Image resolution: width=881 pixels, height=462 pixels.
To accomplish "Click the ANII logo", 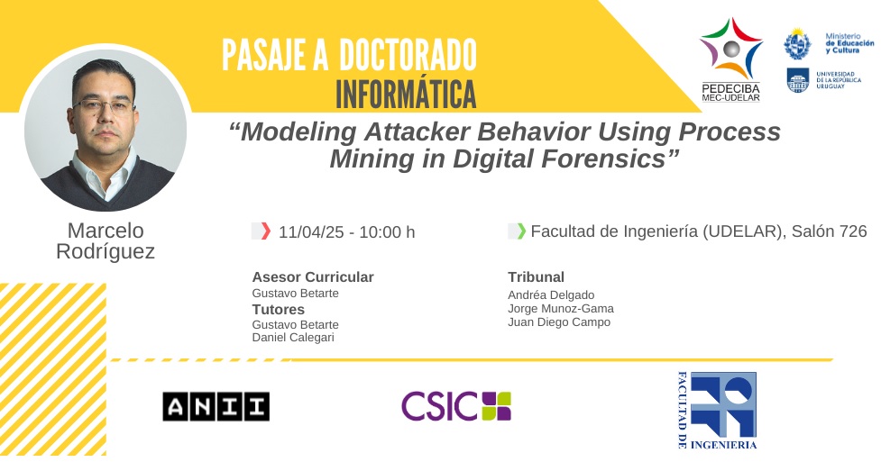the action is [216, 406].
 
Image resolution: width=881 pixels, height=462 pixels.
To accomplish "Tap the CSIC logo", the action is [456, 406].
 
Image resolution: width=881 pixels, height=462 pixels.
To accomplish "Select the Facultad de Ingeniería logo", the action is [717, 411].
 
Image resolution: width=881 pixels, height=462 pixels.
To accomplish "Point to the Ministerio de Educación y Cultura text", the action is [849, 43].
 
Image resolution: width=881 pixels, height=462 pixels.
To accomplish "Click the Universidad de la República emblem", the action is [797, 80].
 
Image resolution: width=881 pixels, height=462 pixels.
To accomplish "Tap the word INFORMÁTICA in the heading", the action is [406, 95].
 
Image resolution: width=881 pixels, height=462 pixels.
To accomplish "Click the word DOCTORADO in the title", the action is [408, 54].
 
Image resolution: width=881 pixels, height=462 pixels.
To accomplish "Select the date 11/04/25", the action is [311, 231].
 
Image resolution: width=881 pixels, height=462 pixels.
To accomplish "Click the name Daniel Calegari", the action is [293, 338].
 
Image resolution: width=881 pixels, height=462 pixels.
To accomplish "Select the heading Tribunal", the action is [536, 276].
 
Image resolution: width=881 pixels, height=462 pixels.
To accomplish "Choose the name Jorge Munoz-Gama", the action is [561, 308].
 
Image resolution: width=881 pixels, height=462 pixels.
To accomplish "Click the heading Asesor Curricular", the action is [313, 276].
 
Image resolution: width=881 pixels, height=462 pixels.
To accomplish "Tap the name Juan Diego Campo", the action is [559, 322].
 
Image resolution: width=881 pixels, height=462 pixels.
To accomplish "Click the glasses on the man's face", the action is [104, 105].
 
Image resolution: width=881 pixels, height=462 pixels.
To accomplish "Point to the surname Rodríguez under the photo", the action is [106, 251].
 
